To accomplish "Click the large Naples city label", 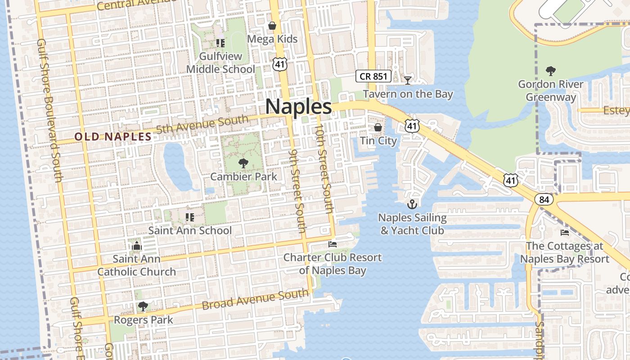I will (298, 107).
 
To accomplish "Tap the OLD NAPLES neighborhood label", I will (113, 137).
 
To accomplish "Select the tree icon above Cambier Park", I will (243, 163).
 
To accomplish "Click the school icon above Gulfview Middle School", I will (220, 43).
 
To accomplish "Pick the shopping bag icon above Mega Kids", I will (272, 26).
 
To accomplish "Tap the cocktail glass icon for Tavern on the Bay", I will (408, 80).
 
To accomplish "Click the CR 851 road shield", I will (373, 76).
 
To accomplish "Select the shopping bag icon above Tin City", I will (378, 127).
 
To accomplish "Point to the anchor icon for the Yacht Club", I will (412, 204).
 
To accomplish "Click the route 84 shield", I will (544, 199).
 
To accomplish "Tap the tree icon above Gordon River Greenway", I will (550, 71).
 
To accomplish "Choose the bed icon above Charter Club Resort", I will (333, 244).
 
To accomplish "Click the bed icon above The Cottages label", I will (564, 233).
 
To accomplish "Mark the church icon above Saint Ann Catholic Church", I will (137, 246).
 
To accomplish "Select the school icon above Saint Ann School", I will (190, 217).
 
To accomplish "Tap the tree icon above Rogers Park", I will (143, 306).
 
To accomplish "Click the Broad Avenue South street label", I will (255, 300).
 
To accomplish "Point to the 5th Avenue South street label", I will (202, 125).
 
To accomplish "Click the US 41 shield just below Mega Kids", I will (279, 64).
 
